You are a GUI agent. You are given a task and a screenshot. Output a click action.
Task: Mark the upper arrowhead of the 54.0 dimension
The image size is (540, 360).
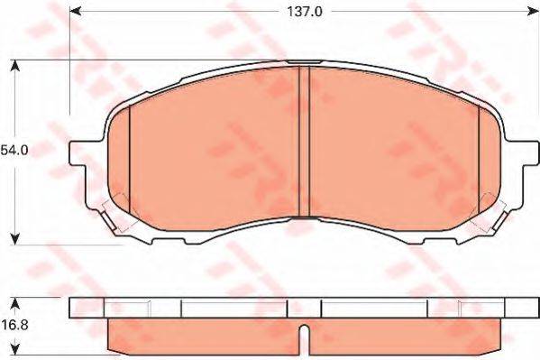15,66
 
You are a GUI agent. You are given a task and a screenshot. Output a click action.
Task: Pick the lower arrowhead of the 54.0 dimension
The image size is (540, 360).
15,237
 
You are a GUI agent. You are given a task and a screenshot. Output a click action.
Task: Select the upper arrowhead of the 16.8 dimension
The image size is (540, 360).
15,301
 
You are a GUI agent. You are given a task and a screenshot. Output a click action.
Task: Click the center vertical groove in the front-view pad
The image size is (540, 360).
304,142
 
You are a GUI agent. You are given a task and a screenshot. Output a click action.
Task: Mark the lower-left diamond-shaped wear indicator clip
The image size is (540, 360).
115,210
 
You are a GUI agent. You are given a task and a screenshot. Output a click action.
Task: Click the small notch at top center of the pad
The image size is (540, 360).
304,62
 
